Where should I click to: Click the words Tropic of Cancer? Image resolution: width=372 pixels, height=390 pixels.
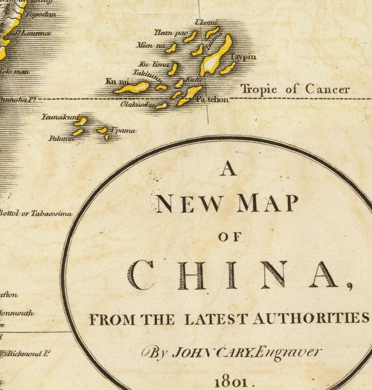click(x=295, y=89)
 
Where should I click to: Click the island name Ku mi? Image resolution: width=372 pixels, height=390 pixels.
click(x=114, y=81)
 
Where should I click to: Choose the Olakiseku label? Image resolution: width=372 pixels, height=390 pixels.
click(x=135, y=105)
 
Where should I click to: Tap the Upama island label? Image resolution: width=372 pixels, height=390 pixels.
click(x=123, y=130)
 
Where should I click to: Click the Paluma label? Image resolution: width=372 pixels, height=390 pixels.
click(x=61, y=139)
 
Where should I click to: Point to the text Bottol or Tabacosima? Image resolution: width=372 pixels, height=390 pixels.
click(x=36, y=214)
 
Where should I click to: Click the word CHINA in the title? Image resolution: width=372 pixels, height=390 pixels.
click(x=233, y=276)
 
